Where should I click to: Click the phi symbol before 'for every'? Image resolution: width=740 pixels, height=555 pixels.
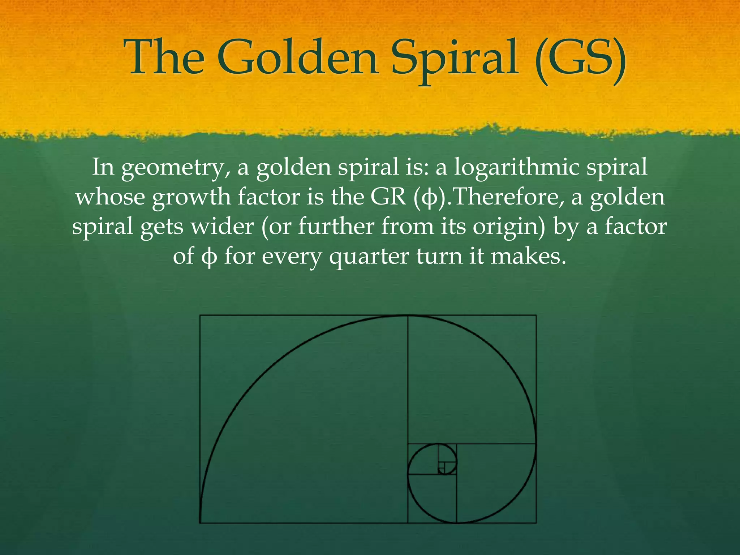pos(210,257)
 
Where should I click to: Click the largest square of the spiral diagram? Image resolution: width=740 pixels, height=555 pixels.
pos(304,419)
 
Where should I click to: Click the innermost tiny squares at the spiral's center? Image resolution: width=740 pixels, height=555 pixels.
pos(442,469)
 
